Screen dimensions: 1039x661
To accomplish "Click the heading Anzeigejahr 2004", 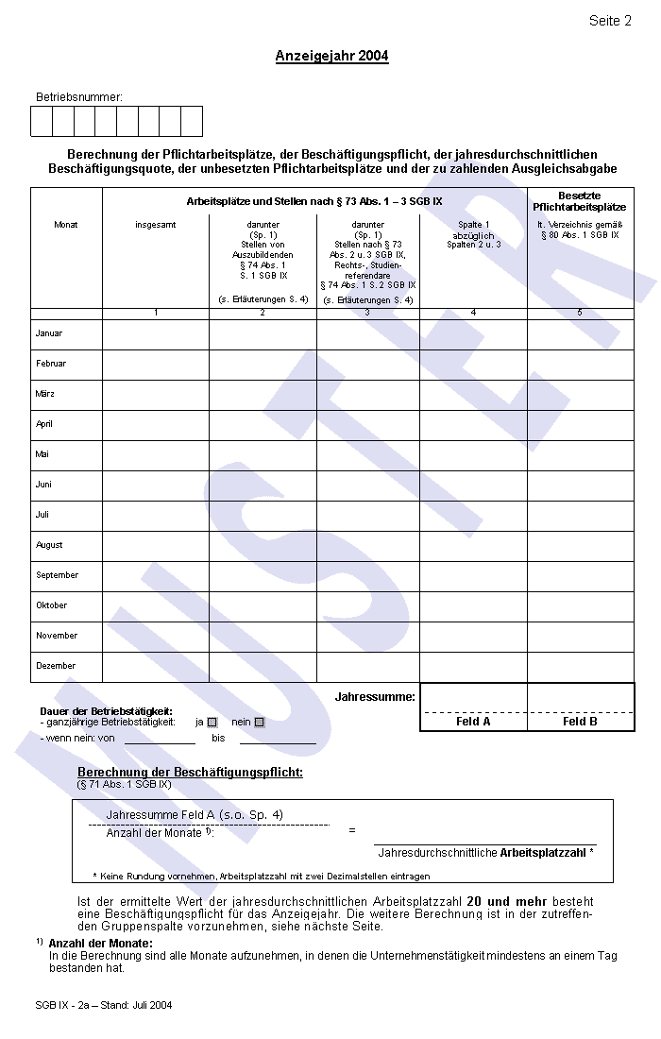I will pyautogui.click(x=331, y=56).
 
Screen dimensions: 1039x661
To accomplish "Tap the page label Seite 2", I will pyautogui.click(x=610, y=21).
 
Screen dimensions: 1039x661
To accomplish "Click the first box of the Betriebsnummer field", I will pyautogui.click(x=42, y=122).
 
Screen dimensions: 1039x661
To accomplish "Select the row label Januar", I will pyautogui.click(x=49, y=333).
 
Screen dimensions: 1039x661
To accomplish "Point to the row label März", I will pyautogui.click(x=44, y=394).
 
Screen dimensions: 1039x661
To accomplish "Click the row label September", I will pyautogui.click(x=57, y=575).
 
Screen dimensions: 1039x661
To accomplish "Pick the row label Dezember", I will pyautogui.click(x=56, y=666).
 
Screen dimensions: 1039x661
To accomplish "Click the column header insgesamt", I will pyautogui.click(x=155, y=225).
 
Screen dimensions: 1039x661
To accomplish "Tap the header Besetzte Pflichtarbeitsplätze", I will pyautogui.click(x=579, y=201).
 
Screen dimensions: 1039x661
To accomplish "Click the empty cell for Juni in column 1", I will pyautogui.click(x=155, y=485).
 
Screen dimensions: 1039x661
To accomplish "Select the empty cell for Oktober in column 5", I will pyautogui.click(x=580, y=605).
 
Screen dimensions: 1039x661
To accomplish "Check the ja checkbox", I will pyautogui.click(x=212, y=723).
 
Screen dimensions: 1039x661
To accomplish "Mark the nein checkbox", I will pyautogui.click(x=260, y=723).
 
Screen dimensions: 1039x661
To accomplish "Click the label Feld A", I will pyautogui.click(x=473, y=722).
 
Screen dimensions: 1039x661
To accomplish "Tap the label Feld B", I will pyautogui.click(x=580, y=722).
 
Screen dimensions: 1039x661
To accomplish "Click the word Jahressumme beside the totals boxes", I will pyautogui.click(x=375, y=696).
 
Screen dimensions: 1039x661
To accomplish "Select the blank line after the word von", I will pyautogui.click(x=160, y=739).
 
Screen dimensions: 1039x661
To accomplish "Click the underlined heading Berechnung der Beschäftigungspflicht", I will pyautogui.click(x=190, y=773).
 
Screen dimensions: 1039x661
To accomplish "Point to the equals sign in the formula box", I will pyautogui.click(x=352, y=830).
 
